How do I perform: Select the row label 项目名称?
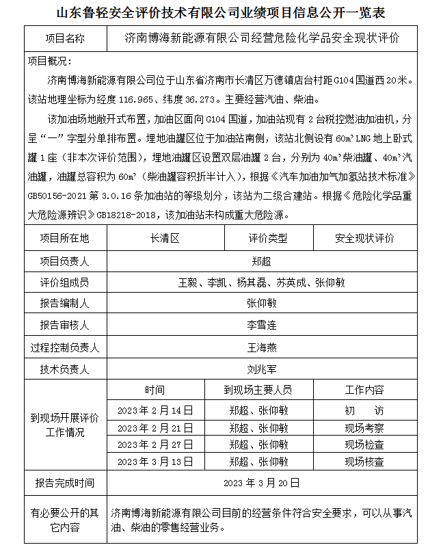pyautogui.click(x=65, y=38)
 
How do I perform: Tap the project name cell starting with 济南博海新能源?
pyautogui.click(x=263, y=38)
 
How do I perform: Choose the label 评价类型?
pyautogui.click(x=268, y=238)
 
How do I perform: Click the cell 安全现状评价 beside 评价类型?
pyautogui.click(x=364, y=238)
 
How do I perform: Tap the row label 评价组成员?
pyautogui.click(x=65, y=282)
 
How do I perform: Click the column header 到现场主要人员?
pyautogui.click(x=258, y=390)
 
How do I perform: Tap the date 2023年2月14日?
pyautogui.click(x=155, y=410)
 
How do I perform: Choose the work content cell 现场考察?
pyautogui.click(x=364, y=428)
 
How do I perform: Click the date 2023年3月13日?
pyautogui.click(x=155, y=462)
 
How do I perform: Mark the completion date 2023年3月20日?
pyautogui.click(x=261, y=483)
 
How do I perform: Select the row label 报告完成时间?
pyautogui.click(x=65, y=483)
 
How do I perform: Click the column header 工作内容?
pyautogui.click(x=364, y=390)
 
